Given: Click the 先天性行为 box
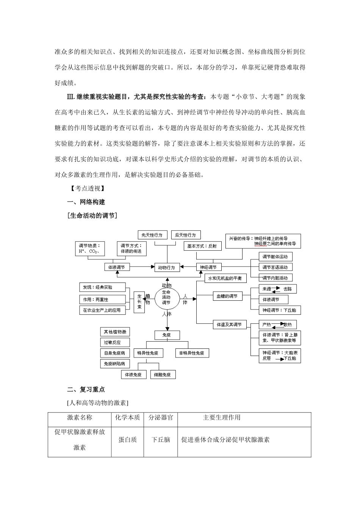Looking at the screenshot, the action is (x=152, y=235).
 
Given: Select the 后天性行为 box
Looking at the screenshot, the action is (x=185, y=235).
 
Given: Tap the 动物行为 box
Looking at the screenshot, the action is (x=166, y=267).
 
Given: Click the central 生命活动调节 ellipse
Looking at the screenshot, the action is (x=166, y=297).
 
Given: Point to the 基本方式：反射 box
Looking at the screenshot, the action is (x=202, y=246).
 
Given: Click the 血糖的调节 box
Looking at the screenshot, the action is (x=227, y=296).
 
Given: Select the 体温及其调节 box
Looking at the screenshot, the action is (x=229, y=325).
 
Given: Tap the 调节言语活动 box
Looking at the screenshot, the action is (x=275, y=267).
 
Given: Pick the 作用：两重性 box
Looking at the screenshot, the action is (x=102, y=299).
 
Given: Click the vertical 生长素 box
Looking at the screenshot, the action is (x=139, y=301).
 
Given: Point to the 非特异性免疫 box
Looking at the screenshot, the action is (x=192, y=353).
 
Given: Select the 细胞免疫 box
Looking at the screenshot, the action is (x=163, y=375).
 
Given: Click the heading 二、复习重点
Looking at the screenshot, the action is (x=86, y=389).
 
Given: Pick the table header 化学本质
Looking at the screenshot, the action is (x=127, y=417).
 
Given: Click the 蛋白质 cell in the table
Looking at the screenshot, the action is (x=127, y=440).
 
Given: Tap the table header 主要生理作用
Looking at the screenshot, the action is (x=222, y=417).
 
